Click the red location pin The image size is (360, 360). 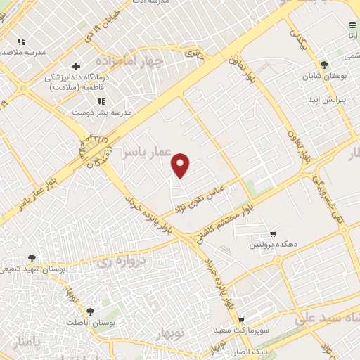[x=181, y=165]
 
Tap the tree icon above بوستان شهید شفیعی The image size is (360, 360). [x=32, y=257]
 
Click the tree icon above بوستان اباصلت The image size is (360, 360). [x=90, y=311]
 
